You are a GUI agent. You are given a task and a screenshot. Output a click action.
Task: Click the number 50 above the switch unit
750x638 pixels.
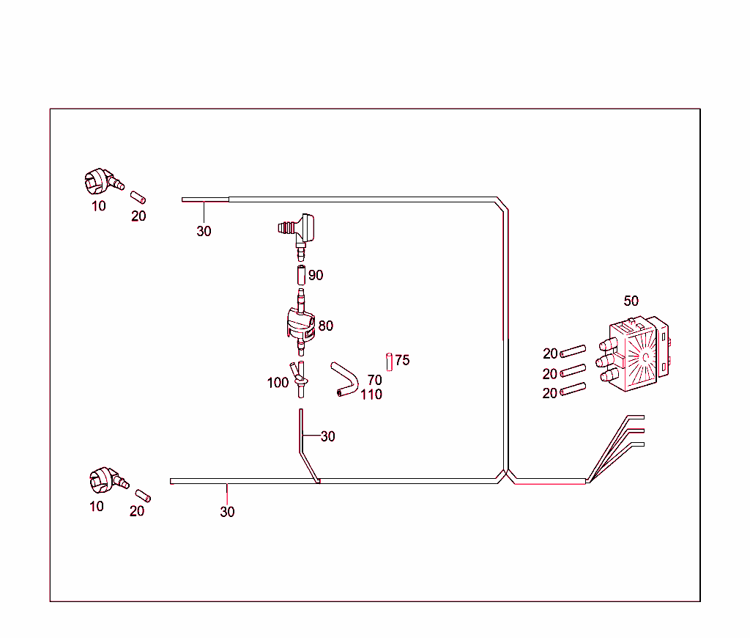pos(631,301)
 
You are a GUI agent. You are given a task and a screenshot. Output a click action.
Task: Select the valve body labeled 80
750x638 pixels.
pos(300,323)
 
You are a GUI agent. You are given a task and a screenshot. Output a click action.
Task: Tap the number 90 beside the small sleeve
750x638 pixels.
pos(316,276)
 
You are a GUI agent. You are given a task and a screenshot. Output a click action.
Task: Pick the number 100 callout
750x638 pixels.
pos(278,383)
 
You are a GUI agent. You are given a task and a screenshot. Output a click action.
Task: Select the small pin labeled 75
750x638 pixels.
pos(390,362)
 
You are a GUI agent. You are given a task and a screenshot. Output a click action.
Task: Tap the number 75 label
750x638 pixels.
pos(402,360)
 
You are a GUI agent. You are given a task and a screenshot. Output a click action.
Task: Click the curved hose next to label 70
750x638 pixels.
pos(343,378)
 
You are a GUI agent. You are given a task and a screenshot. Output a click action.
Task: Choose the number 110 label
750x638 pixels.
pos(371,395)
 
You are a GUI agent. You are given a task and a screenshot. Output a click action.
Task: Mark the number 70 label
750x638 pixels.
pos(374,381)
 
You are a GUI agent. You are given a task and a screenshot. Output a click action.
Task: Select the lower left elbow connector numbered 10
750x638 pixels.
pos(105,480)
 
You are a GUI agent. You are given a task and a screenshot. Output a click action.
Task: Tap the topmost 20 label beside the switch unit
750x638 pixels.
pos(550,354)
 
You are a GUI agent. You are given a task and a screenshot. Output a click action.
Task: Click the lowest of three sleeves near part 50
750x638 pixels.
pos(573,389)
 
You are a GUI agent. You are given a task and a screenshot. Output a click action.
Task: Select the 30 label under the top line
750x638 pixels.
pos(204,231)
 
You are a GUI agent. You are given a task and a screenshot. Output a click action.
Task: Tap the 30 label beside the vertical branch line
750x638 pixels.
pos(327,436)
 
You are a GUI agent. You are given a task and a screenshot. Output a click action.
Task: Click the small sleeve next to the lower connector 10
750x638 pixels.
pos(142,495)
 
